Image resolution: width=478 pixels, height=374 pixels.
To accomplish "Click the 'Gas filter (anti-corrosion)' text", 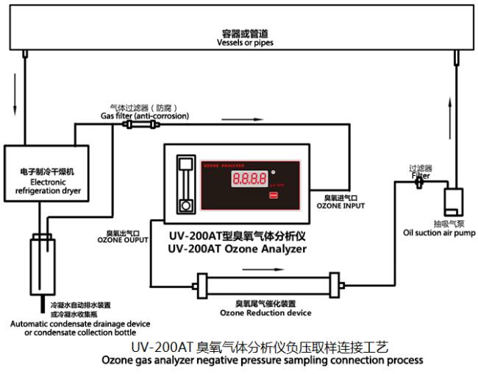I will point(145,116).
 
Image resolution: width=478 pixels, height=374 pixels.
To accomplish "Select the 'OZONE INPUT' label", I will point(340,205).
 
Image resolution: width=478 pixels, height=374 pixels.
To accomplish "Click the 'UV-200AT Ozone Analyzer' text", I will point(237,249).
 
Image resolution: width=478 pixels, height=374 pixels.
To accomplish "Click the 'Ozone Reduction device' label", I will point(265,312).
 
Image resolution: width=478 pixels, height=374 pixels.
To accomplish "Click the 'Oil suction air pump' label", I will point(439,233).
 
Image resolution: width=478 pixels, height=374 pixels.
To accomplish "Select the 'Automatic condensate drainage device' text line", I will point(80,323).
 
